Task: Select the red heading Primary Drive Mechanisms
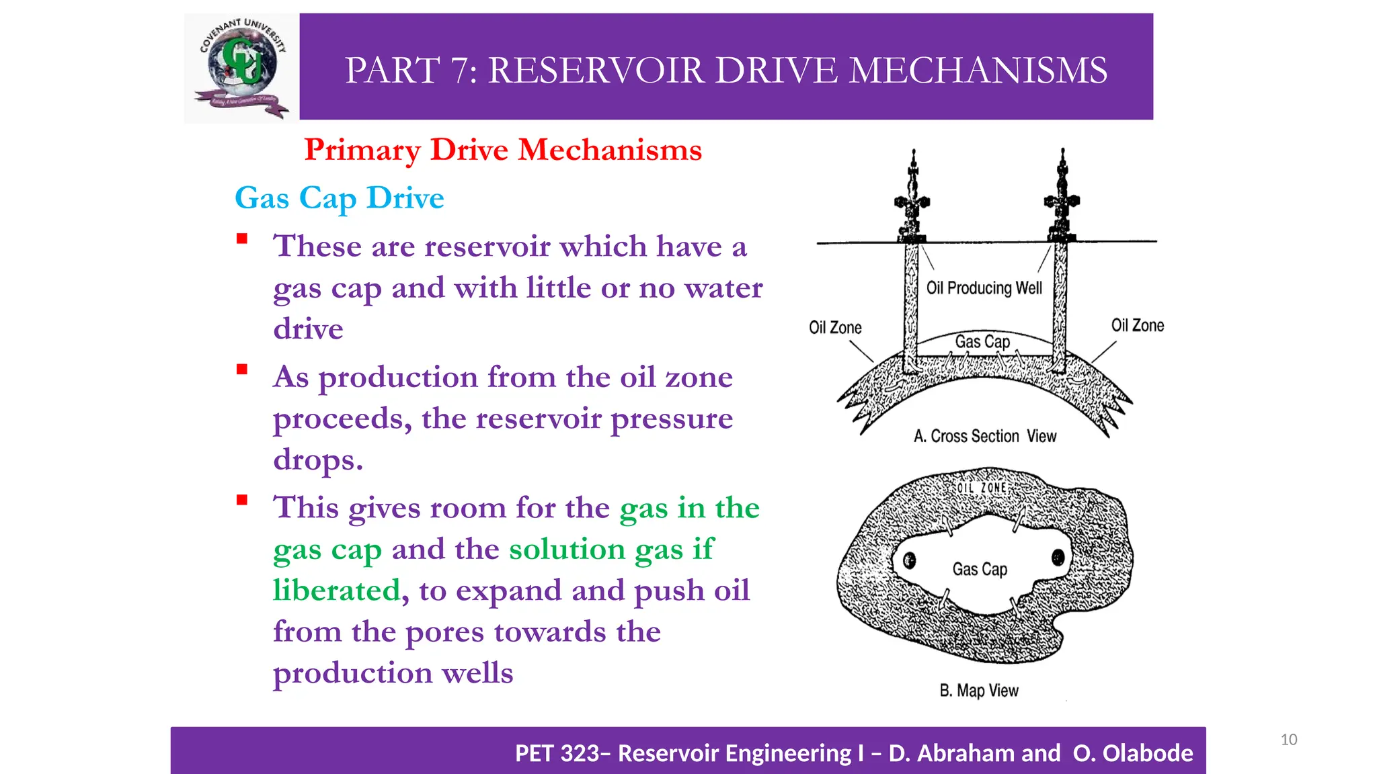click(503, 149)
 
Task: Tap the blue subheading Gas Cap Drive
click(340, 198)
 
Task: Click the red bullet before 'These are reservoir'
click(242, 239)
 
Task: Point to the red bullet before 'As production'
click(242, 370)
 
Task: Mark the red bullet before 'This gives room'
click(242, 500)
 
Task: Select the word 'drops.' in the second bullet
click(318, 460)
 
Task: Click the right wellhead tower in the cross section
click(1062, 197)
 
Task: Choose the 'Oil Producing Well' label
click(984, 288)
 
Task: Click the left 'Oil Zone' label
click(835, 328)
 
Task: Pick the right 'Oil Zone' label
click(1138, 326)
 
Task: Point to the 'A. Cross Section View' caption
click(985, 437)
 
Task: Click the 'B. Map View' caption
click(979, 691)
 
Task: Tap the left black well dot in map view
click(910, 560)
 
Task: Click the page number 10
click(1288, 740)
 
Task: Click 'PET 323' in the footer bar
click(557, 754)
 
